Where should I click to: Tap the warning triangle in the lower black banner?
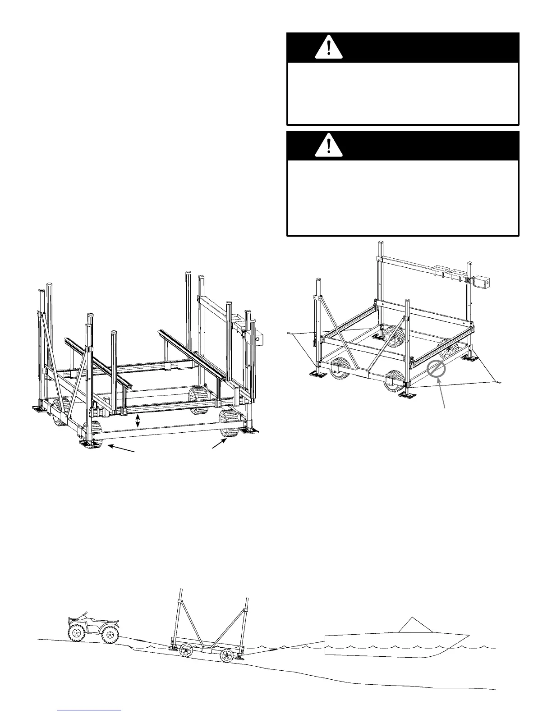329,146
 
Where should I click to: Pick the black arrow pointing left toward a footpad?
122,449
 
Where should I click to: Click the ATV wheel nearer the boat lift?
109,635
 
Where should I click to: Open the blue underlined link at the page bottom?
90,709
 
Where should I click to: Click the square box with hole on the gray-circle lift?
483,283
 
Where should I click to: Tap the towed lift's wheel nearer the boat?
226,656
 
